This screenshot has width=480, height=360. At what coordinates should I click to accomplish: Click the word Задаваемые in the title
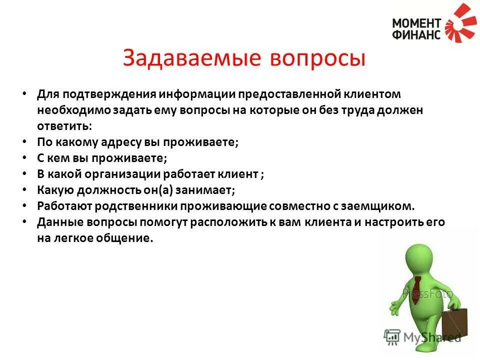coord(192,58)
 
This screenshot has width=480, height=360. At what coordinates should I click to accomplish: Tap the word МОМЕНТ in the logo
coord(416,23)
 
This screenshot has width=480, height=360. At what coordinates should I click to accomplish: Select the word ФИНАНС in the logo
coord(416,34)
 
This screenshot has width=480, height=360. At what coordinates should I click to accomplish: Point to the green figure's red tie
coord(415,289)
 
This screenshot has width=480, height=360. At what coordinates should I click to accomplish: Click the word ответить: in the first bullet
coord(64,126)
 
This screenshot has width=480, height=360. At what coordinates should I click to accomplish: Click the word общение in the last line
coord(127,238)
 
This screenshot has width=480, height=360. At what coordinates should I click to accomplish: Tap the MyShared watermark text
coord(432,337)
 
